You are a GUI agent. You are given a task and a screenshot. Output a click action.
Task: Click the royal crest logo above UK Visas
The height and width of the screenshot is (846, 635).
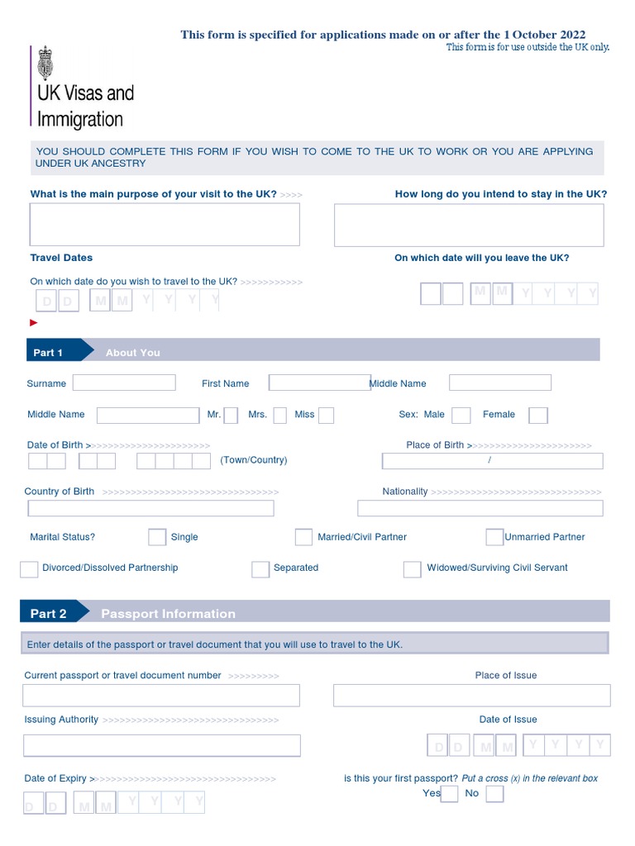click(45, 59)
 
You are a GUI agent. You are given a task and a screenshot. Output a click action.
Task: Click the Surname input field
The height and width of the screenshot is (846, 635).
click(124, 383)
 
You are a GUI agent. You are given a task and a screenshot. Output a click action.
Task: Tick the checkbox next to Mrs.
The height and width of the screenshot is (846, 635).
click(280, 415)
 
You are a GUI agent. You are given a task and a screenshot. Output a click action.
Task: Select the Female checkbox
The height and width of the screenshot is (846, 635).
click(537, 415)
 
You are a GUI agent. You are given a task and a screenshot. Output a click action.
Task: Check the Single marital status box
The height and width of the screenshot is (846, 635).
click(157, 537)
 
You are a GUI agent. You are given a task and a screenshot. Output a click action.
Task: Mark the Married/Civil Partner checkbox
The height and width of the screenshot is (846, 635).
click(303, 537)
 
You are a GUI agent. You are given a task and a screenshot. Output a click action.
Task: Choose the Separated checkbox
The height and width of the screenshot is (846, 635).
click(260, 568)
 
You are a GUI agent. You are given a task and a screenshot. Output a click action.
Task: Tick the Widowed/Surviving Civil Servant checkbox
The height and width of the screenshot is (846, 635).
click(412, 568)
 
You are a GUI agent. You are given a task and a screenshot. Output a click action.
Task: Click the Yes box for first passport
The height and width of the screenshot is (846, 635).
click(449, 794)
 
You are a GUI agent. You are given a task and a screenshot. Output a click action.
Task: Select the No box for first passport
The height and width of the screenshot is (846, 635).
click(494, 794)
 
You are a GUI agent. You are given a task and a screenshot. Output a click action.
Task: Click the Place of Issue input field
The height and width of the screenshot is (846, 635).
click(471, 696)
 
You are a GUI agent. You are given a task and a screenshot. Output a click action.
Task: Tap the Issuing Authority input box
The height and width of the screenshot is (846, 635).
click(161, 745)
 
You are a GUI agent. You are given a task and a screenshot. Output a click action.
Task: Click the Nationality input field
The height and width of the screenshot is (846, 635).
click(480, 508)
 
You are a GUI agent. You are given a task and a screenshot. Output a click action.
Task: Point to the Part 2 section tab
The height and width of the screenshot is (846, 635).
click(50, 613)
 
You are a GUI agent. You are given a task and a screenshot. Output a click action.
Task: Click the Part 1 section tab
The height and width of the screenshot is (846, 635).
click(50, 352)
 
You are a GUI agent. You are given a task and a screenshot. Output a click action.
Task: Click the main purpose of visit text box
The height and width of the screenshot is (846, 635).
click(165, 225)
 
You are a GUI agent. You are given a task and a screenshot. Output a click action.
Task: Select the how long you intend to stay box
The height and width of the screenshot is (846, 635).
click(469, 225)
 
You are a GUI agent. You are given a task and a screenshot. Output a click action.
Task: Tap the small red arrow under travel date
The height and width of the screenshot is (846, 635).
click(34, 323)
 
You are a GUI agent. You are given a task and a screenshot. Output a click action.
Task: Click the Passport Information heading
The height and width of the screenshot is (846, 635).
click(168, 614)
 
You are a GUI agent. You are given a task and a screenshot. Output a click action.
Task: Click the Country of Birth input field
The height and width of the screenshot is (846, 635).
click(149, 508)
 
